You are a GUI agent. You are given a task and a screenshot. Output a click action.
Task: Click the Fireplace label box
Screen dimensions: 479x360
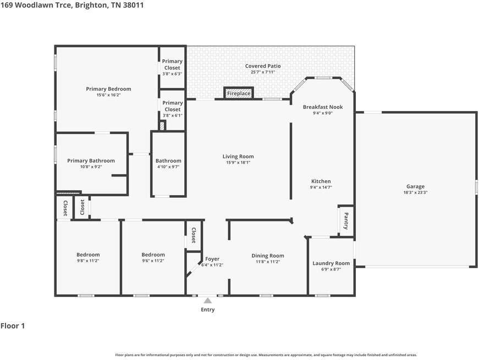[239, 93]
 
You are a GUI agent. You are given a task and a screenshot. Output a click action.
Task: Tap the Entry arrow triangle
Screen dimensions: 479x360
[208, 301]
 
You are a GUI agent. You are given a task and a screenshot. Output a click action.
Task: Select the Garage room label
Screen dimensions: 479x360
[415, 186]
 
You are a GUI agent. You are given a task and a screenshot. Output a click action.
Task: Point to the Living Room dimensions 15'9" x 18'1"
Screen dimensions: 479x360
[238, 163]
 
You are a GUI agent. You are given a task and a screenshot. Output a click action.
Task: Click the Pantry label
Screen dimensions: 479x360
[346, 221]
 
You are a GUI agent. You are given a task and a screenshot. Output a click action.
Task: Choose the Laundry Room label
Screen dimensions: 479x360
[331, 263]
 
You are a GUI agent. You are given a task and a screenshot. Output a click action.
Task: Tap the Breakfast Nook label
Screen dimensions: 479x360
[323, 107]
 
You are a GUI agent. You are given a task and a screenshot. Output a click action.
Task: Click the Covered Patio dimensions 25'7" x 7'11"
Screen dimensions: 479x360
[263, 72]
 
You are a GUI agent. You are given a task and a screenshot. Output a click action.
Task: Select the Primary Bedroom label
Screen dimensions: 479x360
[108, 89]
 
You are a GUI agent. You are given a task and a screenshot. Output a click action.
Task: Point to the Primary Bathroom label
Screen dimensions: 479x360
[91, 160]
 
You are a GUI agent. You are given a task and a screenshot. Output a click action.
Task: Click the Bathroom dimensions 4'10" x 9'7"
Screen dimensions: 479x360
[168, 167]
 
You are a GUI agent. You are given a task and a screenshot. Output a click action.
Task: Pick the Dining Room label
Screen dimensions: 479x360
[268, 256]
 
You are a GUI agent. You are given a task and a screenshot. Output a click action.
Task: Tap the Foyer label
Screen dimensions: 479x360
[212, 259]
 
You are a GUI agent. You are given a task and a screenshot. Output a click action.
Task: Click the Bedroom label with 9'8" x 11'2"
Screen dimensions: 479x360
[88, 254]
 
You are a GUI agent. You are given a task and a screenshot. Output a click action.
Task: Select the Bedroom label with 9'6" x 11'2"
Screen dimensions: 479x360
[153, 254]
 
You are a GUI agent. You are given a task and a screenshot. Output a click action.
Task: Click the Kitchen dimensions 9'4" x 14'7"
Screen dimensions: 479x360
[321, 187]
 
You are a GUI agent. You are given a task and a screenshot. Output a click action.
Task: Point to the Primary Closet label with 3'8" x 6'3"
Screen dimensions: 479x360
[172, 64]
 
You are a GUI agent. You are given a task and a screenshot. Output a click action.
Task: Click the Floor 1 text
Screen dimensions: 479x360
[13, 326]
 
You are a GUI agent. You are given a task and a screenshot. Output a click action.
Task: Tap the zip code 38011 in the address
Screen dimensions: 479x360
[133, 5]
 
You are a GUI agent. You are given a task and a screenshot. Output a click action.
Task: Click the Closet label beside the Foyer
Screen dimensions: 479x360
[194, 235]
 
